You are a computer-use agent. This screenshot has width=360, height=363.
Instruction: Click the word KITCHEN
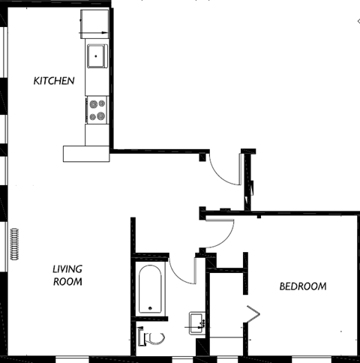53,80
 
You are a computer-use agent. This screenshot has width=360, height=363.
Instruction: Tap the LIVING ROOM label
67,275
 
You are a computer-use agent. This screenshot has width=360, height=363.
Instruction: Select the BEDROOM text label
303,286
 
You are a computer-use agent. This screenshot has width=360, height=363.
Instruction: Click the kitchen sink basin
97,55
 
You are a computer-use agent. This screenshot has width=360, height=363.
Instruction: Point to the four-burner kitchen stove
97,110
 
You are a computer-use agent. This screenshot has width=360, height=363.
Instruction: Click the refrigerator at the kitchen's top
94,23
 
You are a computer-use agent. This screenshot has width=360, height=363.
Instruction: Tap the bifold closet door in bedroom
253,316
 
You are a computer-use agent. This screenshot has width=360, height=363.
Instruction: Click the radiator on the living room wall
13,244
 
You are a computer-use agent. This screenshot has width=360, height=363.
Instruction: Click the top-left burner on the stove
93,104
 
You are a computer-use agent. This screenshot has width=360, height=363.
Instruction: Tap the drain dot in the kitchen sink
95,55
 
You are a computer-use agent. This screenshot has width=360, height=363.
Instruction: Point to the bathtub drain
149,308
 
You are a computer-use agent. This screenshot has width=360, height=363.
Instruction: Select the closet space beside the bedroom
226,307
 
